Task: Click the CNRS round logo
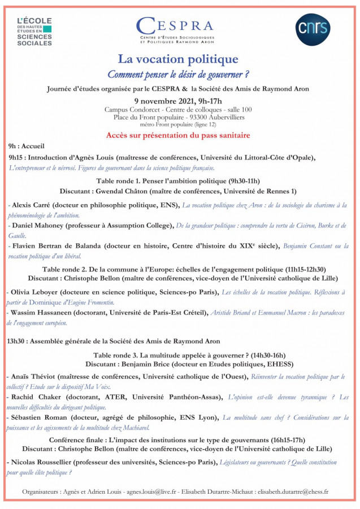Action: [313, 29]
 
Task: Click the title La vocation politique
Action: [178, 59]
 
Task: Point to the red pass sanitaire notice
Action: [178, 136]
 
